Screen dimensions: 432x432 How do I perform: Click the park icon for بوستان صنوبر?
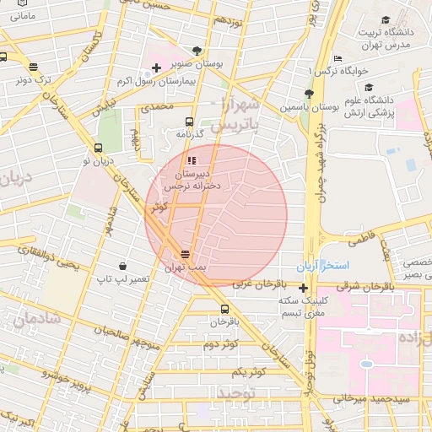point(197,51)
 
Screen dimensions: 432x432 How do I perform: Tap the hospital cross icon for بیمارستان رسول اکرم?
point(156,67)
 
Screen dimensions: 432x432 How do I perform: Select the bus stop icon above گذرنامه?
point(189,121)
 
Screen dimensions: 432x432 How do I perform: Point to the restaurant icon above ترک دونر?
point(33,67)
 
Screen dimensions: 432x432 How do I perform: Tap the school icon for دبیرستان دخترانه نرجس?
point(192,159)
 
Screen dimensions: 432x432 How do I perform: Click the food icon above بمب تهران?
point(186,254)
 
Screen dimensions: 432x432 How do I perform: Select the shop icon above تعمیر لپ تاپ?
point(123,266)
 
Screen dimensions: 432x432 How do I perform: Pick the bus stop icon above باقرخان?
point(224,309)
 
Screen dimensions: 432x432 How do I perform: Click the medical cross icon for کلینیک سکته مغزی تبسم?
point(303,288)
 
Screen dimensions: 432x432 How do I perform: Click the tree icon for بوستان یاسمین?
point(308,94)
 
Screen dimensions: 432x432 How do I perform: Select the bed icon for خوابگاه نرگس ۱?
point(337,58)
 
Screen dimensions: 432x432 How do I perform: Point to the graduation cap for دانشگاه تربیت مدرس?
point(386,19)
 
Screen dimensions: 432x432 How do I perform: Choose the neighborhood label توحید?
point(237,394)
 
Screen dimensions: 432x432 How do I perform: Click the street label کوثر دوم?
point(221,344)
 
